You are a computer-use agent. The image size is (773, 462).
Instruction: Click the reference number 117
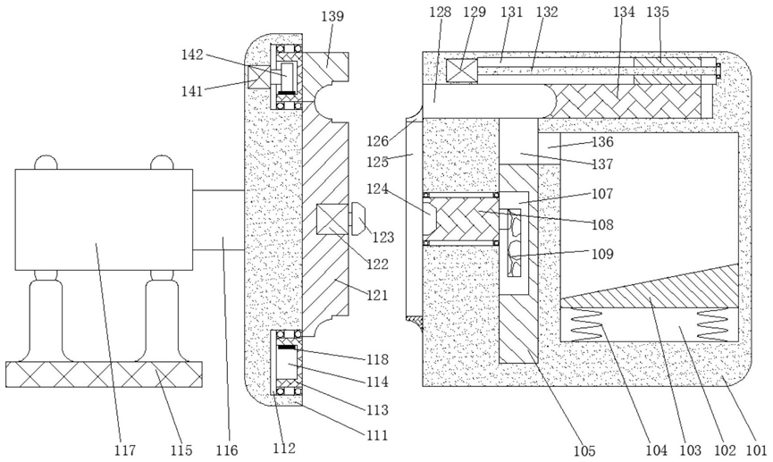click(x=126, y=449)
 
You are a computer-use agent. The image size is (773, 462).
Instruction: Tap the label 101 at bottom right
click(x=756, y=449)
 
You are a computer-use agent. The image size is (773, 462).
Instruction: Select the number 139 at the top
click(x=332, y=16)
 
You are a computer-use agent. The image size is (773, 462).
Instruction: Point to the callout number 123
click(x=383, y=237)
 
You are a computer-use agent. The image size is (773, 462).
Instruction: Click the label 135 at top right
click(x=658, y=12)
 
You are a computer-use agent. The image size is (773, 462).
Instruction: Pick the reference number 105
click(x=584, y=450)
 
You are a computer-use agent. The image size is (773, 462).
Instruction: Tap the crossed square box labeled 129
click(x=462, y=70)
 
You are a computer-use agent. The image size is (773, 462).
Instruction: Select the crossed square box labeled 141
click(x=259, y=78)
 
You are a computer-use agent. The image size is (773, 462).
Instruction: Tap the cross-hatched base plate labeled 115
click(x=104, y=374)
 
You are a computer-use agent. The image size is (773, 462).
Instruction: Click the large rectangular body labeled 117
click(x=104, y=220)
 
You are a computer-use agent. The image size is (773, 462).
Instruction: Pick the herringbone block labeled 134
click(x=626, y=102)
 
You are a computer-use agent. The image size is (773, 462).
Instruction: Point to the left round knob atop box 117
click(x=46, y=163)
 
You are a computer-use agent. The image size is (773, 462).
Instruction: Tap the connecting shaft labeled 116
click(x=218, y=220)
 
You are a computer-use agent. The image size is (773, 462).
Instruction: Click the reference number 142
click(x=192, y=54)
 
